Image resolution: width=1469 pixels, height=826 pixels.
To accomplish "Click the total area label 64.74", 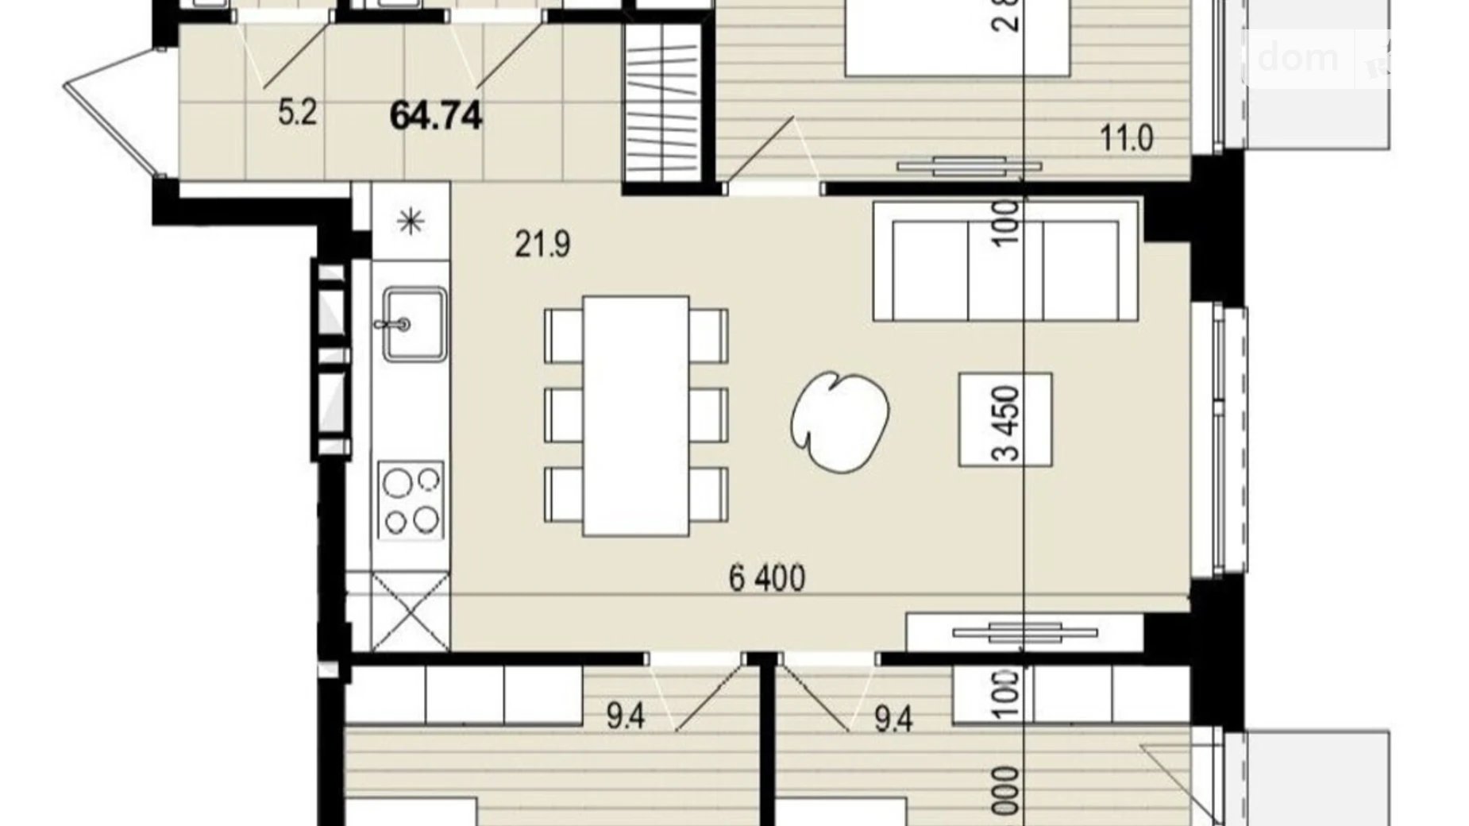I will (435, 116).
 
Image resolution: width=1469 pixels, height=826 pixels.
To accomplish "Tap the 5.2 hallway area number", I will (297, 113).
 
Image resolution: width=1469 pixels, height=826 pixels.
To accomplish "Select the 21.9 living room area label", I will (542, 244).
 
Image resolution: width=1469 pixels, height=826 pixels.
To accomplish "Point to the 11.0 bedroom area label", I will (1126, 138).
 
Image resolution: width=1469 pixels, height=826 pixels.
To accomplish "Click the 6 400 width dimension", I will (766, 578).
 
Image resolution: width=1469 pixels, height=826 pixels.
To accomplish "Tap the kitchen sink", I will (414, 324).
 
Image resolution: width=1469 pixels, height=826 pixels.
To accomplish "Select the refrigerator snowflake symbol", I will (411, 221).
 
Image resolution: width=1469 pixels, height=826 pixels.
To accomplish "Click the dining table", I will (635, 415).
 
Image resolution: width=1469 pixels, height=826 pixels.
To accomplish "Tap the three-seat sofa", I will (1005, 261).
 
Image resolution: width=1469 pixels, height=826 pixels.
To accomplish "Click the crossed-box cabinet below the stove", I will (410, 611).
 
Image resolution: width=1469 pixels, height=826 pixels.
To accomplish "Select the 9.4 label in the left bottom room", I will (625, 717).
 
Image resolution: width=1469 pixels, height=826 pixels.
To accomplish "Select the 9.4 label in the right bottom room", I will (893, 720).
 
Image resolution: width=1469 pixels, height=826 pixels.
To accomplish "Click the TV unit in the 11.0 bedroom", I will (969, 167).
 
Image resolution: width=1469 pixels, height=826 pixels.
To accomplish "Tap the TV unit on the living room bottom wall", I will (1024, 633).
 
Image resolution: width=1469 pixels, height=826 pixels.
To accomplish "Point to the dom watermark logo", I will (1298, 58).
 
